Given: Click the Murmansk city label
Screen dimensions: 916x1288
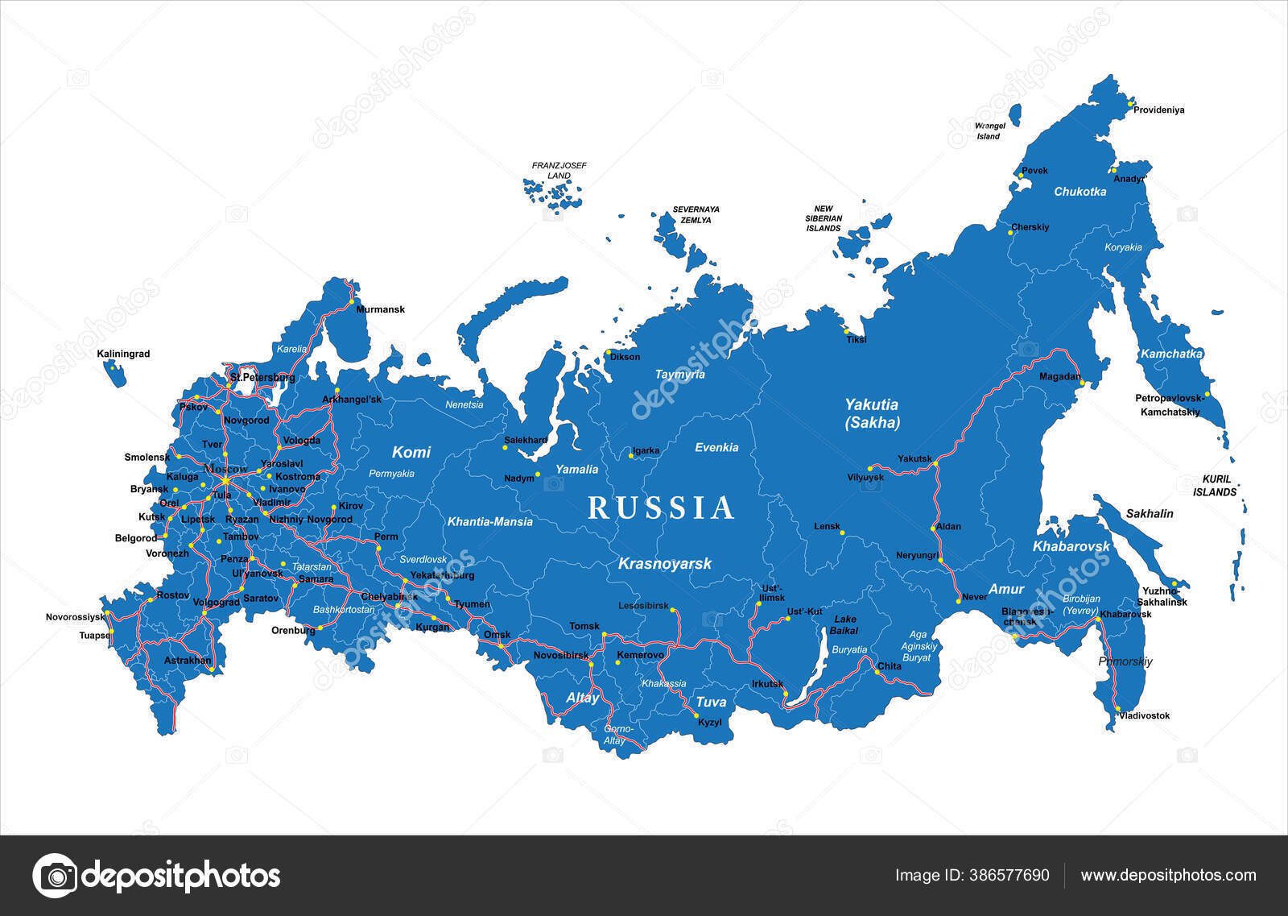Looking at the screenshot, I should pyautogui.click(x=380, y=309).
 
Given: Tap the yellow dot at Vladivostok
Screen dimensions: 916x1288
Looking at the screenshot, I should pyautogui.click(x=1117, y=709).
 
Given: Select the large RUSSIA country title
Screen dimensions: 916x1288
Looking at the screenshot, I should pyautogui.click(x=662, y=508).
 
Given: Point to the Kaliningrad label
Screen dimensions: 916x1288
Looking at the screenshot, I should pyautogui.click(x=123, y=354).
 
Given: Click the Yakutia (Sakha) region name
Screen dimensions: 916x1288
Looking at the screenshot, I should pyautogui.click(x=871, y=413).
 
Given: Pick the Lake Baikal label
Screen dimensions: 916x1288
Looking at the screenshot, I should pyautogui.click(x=844, y=625).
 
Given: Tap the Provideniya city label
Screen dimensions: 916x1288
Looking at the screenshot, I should pyautogui.click(x=1158, y=110).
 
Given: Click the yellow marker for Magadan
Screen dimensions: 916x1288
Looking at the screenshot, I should pyautogui.click(x=1083, y=383).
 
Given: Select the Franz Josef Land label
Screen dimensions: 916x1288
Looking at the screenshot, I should pyautogui.click(x=559, y=170).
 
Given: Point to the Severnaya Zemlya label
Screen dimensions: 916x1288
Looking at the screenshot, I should pyautogui.click(x=696, y=214).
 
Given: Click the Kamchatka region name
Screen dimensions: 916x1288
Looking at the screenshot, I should pyautogui.click(x=1170, y=354).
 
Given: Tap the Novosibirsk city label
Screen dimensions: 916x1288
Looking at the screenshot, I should pyautogui.click(x=561, y=655).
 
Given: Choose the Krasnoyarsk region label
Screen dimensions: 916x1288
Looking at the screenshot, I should pyautogui.click(x=664, y=564).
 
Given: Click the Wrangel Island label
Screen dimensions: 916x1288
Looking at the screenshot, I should pyautogui.click(x=989, y=131).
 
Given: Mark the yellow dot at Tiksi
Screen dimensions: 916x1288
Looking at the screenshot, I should pyautogui.click(x=846, y=331).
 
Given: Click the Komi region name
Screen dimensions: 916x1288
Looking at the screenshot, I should pyautogui.click(x=411, y=452).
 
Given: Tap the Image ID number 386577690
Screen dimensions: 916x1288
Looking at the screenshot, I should pyautogui.click(x=972, y=875).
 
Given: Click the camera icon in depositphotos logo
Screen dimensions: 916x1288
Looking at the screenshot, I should pyautogui.click(x=55, y=875).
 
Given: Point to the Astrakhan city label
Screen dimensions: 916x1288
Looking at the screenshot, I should pyautogui.click(x=188, y=660).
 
